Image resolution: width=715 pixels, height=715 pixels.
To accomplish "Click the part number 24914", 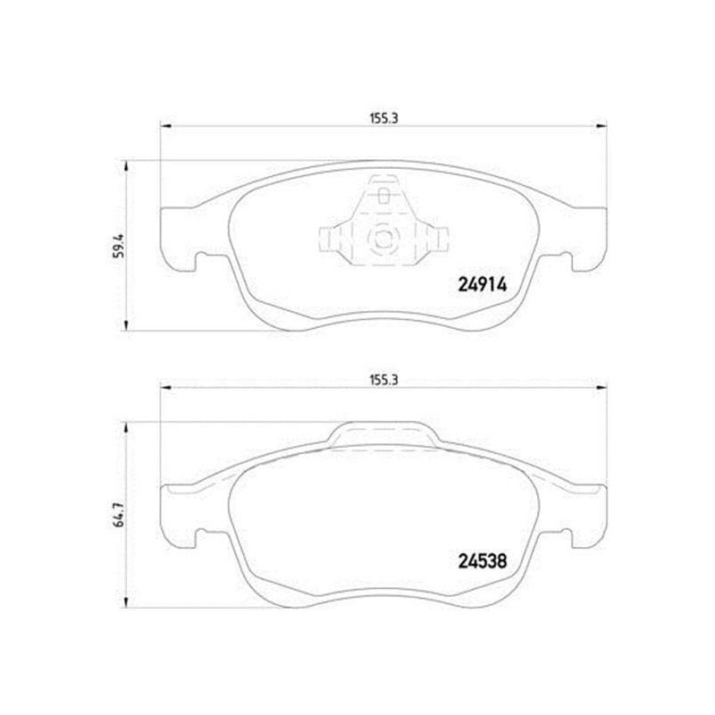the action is click(x=482, y=285).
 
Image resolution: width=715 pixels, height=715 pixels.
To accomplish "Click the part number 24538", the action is click(x=482, y=561).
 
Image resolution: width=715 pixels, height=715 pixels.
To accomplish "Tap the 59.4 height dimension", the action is click(x=119, y=247).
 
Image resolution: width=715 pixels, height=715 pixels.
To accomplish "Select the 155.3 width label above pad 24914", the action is click(x=383, y=119).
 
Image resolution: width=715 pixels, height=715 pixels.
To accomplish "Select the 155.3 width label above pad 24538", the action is click(x=383, y=380).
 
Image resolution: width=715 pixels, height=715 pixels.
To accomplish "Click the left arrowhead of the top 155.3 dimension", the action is click(x=166, y=126).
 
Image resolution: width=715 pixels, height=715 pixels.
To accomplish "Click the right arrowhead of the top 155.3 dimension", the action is click(x=601, y=126).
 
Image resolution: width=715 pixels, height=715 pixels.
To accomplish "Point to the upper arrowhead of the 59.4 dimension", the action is click(x=126, y=166).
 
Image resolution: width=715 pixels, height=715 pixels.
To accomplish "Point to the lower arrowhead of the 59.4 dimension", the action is click(x=126, y=324).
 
